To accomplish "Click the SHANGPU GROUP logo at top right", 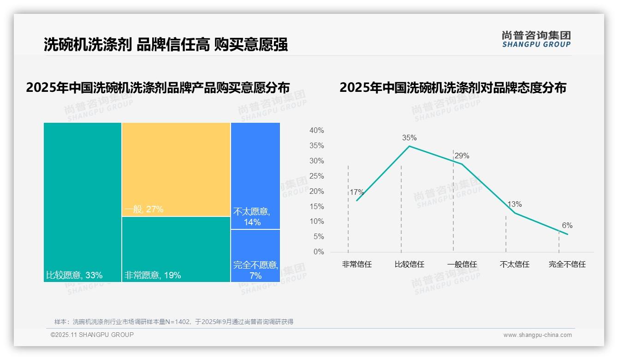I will click(x=536, y=39).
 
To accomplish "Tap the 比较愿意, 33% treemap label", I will click(x=74, y=276).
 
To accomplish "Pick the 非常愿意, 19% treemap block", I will click(x=176, y=249).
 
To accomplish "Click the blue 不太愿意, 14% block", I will click(x=255, y=176).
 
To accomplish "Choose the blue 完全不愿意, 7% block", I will click(x=255, y=255).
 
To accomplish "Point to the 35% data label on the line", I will click(x=409, y=138).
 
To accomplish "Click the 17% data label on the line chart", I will click(x=357, y=192).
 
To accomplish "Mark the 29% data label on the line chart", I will click(x=462, y=156).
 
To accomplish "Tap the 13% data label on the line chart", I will click(x=515, y=204).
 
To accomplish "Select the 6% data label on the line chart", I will click(x=567, y=226).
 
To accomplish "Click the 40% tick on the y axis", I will click(x=317, y=131).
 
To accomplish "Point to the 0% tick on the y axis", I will click(x=319, y=252).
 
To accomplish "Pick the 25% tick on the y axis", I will click(x=317, y=176).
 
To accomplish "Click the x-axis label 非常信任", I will click(x=357, y=264).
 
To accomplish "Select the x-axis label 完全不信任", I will click(x=567, y=264).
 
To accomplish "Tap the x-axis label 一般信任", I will click(x=462, y=264).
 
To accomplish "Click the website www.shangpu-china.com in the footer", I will click(x=537, y=335).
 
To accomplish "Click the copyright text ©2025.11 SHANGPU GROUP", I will click(x=92, y=335).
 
